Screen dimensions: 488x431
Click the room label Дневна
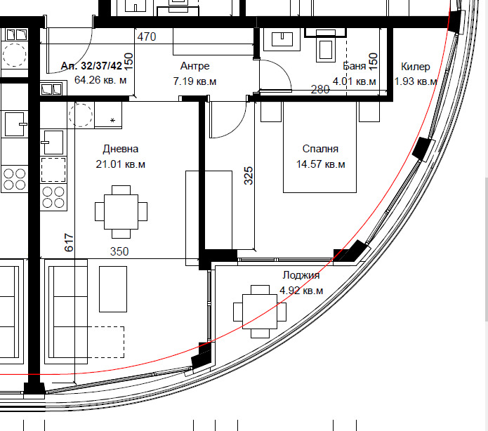pos(121,149)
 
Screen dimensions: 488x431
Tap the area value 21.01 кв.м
pos(121,164)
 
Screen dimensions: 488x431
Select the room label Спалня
pos(320,149)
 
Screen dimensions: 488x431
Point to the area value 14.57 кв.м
pos(321,164)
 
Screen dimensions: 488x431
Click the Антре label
pos(194,66)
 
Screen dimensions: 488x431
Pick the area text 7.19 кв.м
pos(194,81)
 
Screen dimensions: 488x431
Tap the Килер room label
pos(416,67)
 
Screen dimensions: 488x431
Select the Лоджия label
pos(301,275)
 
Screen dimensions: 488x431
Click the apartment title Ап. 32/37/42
pos(91,66)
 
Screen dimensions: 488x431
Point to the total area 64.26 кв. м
pos(100,80)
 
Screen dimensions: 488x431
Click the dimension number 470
pos(147,37)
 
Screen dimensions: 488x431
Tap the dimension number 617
pos(69,242)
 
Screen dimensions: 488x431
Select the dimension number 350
pos(119,251)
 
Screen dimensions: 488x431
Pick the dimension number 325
pos(249,175)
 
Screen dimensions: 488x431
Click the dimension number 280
pos(320,90)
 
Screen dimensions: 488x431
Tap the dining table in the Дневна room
pos(121,212)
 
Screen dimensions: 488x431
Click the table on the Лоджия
pos(260,312)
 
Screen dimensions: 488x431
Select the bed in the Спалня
pos(319,147)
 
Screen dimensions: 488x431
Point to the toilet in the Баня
pos(326,45)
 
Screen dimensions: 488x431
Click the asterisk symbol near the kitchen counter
pos(112,120)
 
